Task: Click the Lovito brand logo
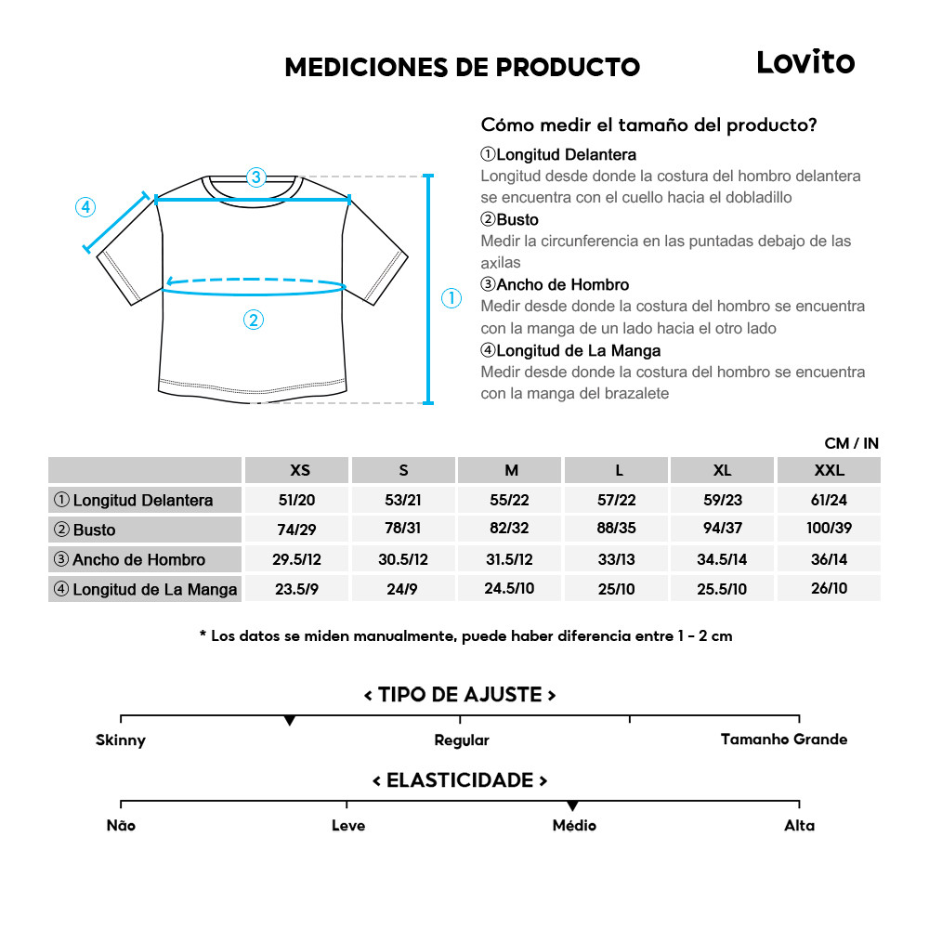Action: (805, 62)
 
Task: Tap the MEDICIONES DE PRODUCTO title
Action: (462, 67)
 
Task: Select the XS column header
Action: (300, 470)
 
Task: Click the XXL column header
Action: (829, 470)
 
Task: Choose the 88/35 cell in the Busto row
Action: (617, 530)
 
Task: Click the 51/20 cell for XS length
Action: (297, 500)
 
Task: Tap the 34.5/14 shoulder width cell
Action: (723, 559)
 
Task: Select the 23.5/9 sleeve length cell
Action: (297, 589)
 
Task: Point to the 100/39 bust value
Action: (829, 530)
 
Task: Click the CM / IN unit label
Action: (851, 443)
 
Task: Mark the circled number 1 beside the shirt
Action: (451, 298)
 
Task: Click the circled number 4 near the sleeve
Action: (85, 207)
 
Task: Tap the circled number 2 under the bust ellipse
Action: (254, 320)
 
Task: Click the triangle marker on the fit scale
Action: (290, 721)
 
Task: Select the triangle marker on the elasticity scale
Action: (572, 805)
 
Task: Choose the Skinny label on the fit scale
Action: (121, 740)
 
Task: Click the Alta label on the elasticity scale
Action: (799, 825)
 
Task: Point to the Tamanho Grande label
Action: (784, 739)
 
